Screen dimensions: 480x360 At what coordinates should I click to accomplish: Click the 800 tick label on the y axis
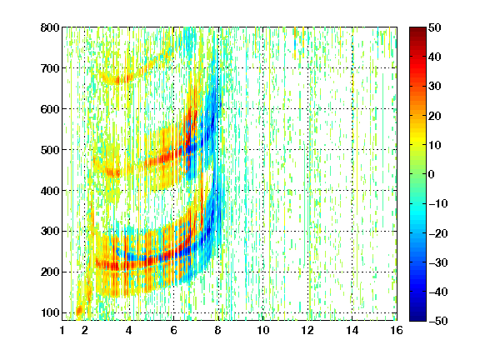(x=50, y=27)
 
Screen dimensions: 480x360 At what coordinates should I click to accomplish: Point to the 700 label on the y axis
(x=50, y=68)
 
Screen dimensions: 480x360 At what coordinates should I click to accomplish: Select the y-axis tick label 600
(x=50, y=109)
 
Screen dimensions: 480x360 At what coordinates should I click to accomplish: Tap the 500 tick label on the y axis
(x=50, y=150)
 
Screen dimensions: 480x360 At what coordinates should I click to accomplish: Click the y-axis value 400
(x=50, y=191)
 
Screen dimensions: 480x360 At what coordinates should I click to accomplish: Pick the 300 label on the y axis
(x=50, y=232)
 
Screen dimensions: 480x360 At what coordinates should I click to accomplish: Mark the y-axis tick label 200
(x=50, y=272)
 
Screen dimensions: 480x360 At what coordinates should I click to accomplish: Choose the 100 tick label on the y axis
(x=50, y=312)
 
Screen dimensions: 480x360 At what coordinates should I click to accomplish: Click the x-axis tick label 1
(x=62, y=331)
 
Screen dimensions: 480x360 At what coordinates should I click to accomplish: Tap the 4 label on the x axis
(x=129, y=331)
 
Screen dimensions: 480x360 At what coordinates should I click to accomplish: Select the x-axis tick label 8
(x=218, y=331)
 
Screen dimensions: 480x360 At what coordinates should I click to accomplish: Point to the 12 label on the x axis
(x=307, y=331)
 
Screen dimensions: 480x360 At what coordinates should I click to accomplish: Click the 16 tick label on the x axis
(x=397, y=331)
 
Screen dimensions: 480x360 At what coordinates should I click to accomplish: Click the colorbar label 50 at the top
(x=435, y=27)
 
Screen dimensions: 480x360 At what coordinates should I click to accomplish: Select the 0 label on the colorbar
(x=432, y=174)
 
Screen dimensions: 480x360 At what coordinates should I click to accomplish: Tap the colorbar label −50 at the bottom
(x=438, y=321)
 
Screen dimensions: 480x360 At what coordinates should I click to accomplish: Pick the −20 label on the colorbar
(x=438, y=233)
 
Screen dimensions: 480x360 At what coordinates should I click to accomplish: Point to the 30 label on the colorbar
(x=435, y=87)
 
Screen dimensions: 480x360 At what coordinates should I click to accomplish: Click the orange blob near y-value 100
(x=79, y=311)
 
